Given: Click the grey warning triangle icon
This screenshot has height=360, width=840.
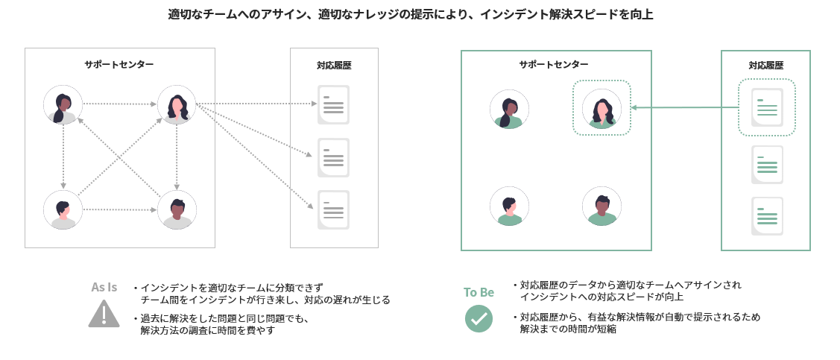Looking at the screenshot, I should [104, 313].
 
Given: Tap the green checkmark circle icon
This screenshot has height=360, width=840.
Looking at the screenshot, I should [479, 318].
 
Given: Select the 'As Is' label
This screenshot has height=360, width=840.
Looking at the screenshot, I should [104, 287].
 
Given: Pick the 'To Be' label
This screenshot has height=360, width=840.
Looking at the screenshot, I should [479, 292].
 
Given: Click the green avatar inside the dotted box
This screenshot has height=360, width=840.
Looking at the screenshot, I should [601, 109].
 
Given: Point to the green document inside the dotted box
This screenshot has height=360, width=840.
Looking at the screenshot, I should [767, 108].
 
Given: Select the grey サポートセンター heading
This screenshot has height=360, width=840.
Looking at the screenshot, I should [119, 64].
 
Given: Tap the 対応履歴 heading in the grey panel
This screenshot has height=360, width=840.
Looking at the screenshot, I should [334, 65].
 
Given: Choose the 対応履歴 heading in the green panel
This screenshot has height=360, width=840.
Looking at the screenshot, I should [766, 65].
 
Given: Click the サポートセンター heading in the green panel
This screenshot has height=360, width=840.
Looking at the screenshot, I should [554, 65].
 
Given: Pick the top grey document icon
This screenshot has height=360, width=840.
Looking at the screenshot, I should [333, 105].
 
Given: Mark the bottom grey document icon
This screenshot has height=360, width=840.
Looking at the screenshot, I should [333, 209].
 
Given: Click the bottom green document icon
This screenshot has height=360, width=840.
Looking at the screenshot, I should [767, 215].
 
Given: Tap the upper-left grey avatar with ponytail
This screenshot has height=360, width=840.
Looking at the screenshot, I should [63, 104].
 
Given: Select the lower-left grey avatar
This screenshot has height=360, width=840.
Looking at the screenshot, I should [63, 209].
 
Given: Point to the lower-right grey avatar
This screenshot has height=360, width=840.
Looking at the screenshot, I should [177, 209].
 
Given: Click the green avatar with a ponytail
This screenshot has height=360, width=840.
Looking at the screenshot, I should [509, 109].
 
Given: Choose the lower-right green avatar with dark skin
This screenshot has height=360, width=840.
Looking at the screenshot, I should [602, 206].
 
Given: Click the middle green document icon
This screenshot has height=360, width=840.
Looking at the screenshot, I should [767, 165].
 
